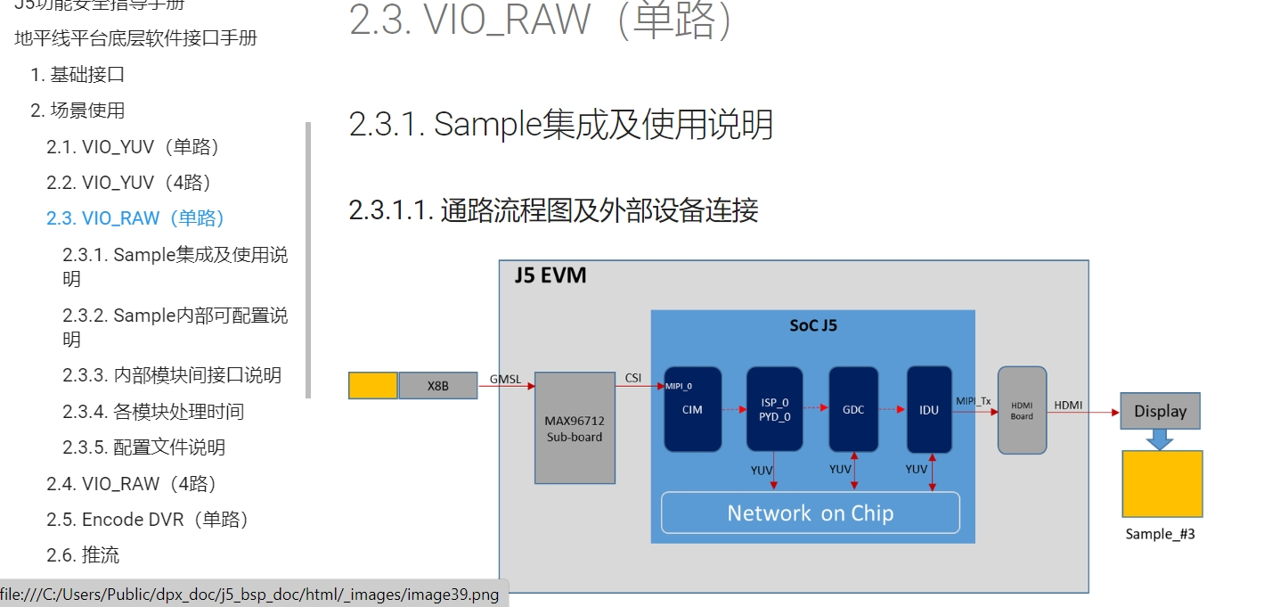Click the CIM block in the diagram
click(693, 409)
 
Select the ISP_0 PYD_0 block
click(774, 409)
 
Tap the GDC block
click(853, 409)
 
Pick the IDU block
click(929, 409)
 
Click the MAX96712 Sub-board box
click(575, 428)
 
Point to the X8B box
click(437, 386)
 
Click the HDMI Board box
click(1022, 410)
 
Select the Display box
click(1160, 411)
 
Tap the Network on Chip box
click(810, 513)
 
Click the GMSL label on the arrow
click(505, 379)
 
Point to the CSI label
click(632, 378)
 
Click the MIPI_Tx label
click(974, 401)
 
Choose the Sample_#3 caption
click(1160, 534)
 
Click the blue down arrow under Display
click(1160, 439)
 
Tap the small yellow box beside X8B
click(372, 386)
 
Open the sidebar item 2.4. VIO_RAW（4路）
click(132, 483)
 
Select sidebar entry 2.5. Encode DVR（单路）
click(147, 519)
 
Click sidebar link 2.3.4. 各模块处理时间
click(152, 411)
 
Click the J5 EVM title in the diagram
click(550, 275)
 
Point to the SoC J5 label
click(812, 325)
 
